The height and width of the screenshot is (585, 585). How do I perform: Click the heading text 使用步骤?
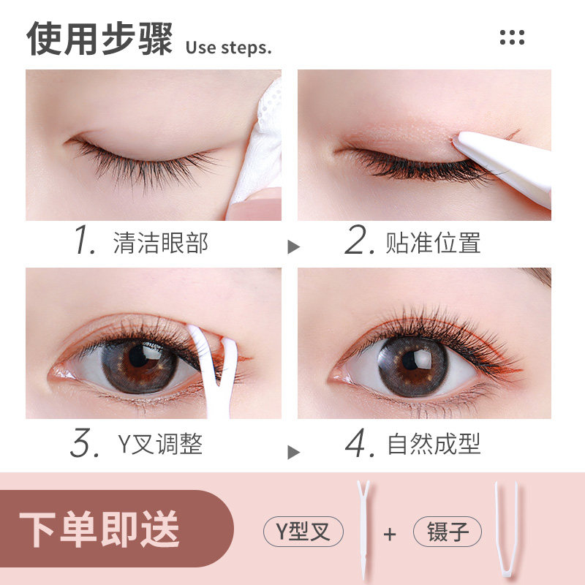100,38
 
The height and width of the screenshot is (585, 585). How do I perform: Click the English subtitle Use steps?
228,48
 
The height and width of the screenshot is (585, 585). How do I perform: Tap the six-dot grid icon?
512,37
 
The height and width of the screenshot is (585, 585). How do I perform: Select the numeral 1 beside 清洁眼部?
85,242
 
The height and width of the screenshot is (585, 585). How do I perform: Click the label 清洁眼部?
161,243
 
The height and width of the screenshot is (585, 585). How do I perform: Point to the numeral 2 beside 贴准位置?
359,242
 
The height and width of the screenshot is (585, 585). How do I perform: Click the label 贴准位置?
433,243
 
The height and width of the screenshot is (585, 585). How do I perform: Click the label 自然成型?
434,444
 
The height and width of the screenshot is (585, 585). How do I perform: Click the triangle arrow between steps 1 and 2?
293,246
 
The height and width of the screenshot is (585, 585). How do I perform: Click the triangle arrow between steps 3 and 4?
293,452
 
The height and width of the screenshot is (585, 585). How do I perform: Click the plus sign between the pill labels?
390,533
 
